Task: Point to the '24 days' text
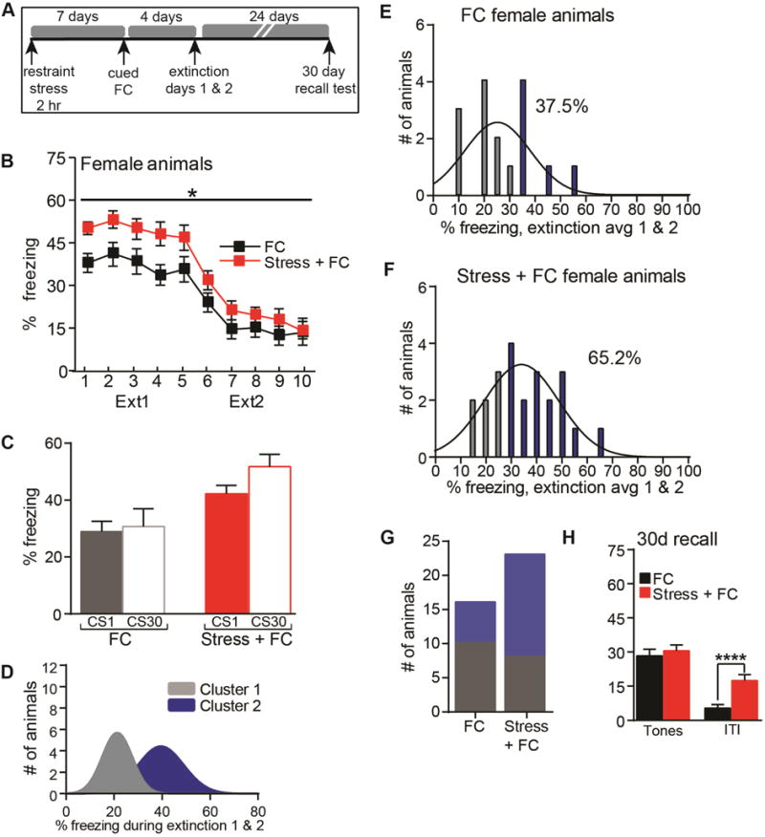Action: click(254, 14)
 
